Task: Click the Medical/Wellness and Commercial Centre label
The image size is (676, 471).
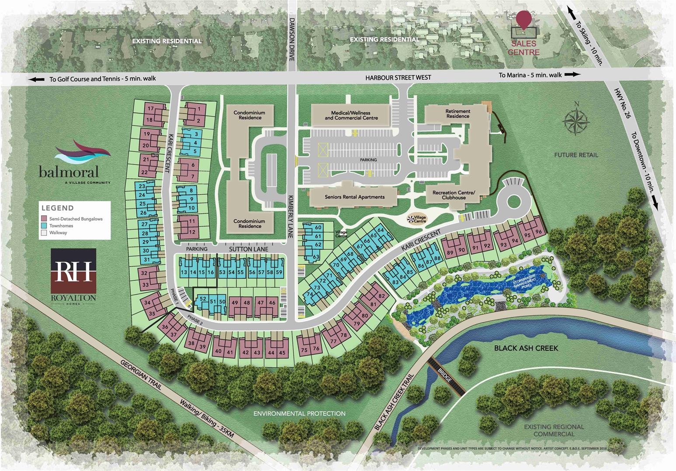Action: pos(351,116)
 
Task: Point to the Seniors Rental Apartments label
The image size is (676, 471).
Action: pos(354,197)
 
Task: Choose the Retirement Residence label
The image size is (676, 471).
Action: pos(458,113)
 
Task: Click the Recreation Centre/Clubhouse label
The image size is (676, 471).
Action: pos(453,195)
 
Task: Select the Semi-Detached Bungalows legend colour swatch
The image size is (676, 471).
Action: pos(44,219)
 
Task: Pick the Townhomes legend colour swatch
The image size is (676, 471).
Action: pos(44,226)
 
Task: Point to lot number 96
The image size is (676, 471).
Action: pos(538,232)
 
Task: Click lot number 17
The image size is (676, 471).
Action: pos(150,109)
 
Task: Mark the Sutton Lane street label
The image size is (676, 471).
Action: pos(248,249)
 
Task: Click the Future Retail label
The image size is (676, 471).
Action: pos(576,155)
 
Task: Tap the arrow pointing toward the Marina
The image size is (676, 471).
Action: pos(572,75)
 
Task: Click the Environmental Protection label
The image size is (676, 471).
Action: pos(299,413)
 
